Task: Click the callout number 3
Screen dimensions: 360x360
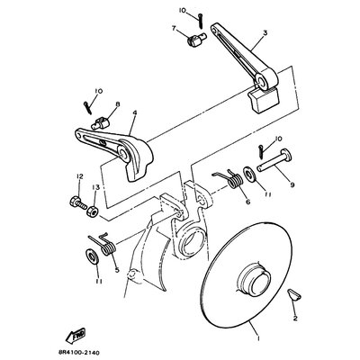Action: coord(265,32)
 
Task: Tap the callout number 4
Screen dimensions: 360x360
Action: coord(135,113)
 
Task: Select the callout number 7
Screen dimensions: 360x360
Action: coord(174,29)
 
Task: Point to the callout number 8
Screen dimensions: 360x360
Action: coord(118,104)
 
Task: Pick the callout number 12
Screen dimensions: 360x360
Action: coord(79,176)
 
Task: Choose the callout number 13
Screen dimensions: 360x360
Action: coord(95,187)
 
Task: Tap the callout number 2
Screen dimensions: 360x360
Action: coord(295,319)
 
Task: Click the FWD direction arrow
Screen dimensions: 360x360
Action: coord(76,336)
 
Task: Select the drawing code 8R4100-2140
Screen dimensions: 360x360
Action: coord(77,353)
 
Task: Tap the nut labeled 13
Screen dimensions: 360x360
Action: coord(92,211)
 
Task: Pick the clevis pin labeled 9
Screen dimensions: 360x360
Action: coord(274,162)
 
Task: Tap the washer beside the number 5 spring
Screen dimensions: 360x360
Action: coord(91,256)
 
